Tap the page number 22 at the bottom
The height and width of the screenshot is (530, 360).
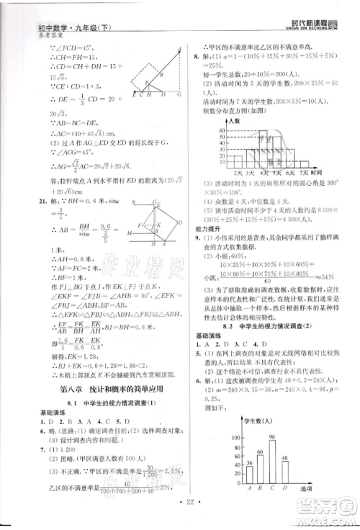[x=181, y=516]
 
